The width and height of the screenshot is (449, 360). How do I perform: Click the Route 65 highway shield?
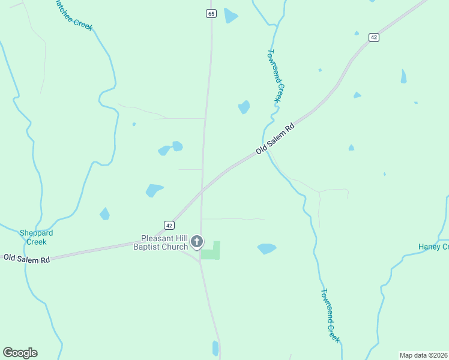[210, 13]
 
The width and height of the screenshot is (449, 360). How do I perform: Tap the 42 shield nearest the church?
[169, 225]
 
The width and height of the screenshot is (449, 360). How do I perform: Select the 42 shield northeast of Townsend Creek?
[374, 37]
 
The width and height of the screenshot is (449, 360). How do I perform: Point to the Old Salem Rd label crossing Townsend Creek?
[276, 139]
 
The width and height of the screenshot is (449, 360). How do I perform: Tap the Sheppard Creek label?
[36, 237]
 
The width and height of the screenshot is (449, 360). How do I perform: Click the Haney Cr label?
[433, 247]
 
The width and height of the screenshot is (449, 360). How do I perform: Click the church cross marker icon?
[197, 242]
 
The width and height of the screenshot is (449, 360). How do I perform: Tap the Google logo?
[20, 353]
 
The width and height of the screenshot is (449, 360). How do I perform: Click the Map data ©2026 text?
[423, 355]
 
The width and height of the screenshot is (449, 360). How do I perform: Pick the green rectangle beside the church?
[211, 251]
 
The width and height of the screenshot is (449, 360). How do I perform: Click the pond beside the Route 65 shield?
[231, 16]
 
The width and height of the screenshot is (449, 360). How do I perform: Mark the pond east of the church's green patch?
[267, 248]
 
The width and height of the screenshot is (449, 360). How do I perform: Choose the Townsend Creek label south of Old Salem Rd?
[330, 316]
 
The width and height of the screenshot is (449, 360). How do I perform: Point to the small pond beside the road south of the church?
[215, 348]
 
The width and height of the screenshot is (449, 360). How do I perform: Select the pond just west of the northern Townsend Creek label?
[244, 107]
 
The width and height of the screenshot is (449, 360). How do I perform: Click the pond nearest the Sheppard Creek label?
[104, 214]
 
